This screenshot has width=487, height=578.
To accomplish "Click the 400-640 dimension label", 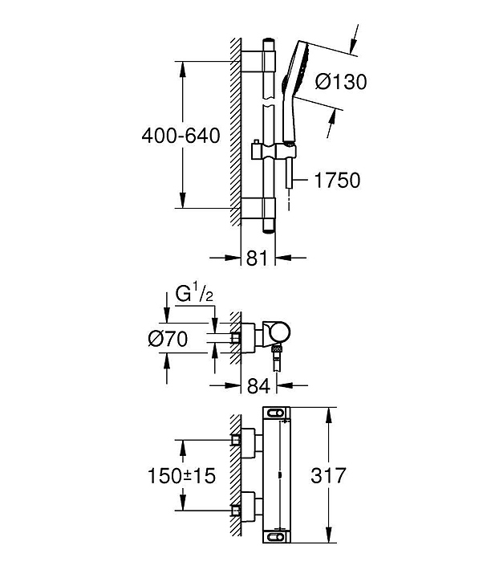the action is pyautogui.click(x=181, y=136).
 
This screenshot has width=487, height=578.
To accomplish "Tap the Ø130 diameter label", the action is pyautogui.click(x=341, y=81).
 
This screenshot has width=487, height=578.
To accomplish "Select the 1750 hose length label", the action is pyautogui.click(x=337, y=181).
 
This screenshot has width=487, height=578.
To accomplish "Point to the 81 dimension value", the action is pyautogui.click(x=257, y=258).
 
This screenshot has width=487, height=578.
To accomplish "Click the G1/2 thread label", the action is pyautogui.click(x=194, y=295).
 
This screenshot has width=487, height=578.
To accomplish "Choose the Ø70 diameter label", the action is pyautogui.click(x=168, y=339).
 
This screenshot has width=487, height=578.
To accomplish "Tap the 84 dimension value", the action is pyautogui.click(x=258, y=386).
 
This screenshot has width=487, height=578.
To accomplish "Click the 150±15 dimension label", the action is pyautogui.click(x=181, y=475).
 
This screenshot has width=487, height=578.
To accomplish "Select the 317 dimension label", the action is pyautogui.click(x=329, y=475).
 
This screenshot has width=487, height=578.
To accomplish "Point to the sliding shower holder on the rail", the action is pyautogui.click(x=274, y=151).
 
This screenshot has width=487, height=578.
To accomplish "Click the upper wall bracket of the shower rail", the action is pyautogui.click(x=258, y=61).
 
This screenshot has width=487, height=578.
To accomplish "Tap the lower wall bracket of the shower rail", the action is pyautogui.click(x=258, y=208).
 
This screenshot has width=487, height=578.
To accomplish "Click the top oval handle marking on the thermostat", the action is pyautogui.click(x=277, y=413).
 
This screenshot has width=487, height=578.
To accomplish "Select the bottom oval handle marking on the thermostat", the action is pyautogui.click(x=277, y=537).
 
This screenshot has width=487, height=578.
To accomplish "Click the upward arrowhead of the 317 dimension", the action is pyautogui.click(x=329, y=415).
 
